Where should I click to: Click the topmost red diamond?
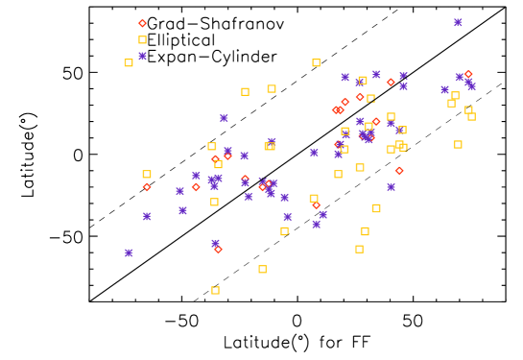tap(142, 23)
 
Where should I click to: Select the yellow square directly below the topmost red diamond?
tap(142, 39)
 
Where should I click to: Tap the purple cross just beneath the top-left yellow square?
tap(142, 56)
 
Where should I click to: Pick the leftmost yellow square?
tap(129, 62)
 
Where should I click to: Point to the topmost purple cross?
tap(458, 22)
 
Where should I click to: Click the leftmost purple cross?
tap(129, 252)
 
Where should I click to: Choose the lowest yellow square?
tap(215, 290)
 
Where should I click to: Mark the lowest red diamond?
tap(218, 250)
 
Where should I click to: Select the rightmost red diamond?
tap(468, 74)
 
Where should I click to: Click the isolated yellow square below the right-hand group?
tap(359, 249)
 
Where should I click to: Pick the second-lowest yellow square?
tap(263, 269)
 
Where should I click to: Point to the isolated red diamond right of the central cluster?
tap(399, 171)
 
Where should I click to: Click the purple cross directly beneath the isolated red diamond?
tap(391, 187)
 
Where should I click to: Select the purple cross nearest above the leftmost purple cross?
tap(147, 216)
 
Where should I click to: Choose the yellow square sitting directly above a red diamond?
tap(314, 198)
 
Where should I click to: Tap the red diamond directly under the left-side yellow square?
tap(147, 187)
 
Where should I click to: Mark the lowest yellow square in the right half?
tap(359, 249)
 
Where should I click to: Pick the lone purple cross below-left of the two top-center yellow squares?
tap(224, 118)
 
